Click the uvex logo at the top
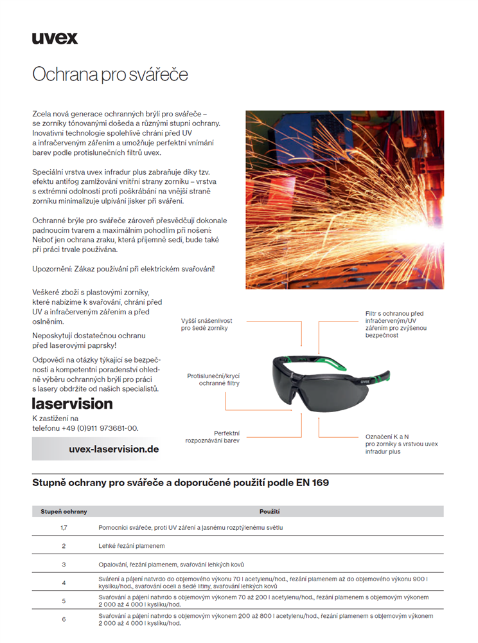tap(55, 38)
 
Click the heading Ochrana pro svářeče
tap(110, 74)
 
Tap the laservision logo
tap(72, 404)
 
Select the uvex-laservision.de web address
tap(113, 449)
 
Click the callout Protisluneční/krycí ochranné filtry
tap(213, 379)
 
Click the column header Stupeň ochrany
tap(64, 512)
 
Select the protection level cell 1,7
tap(64, 527)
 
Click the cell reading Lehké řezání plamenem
tap(132, 546)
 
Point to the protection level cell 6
tap(64, 619)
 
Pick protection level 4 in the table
tap(64, 583)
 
